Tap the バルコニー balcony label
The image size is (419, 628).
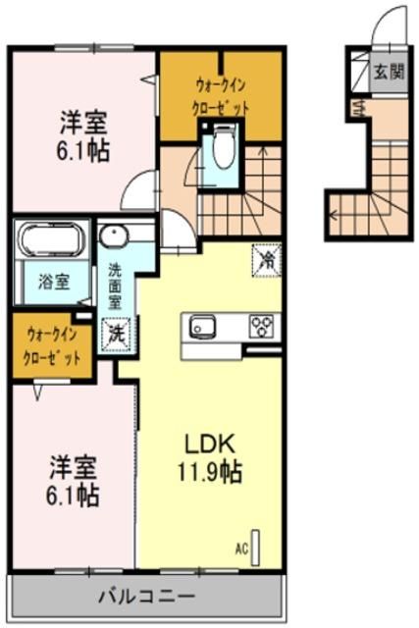(x=146, y=596)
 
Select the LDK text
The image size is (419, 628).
(x=211, y=445)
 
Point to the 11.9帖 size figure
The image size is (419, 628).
(x=211, y=473)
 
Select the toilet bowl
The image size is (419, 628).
(x=220, y=151)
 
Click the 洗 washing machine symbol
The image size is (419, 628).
(x=117, y=334)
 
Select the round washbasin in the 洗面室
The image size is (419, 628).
(x=111, y=238)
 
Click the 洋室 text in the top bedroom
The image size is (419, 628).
(x=81, y=124)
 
